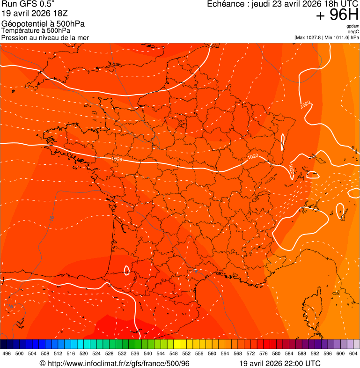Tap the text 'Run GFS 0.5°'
(28, 5)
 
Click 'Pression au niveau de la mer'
(45, 37)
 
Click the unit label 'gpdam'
(353, 26)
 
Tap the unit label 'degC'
(353, 32)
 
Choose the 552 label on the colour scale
(186, 354)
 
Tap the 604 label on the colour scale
(353, 354)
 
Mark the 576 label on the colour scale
(264, 354)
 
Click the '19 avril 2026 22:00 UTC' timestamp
(280, 364)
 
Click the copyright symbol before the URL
(43, 364)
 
